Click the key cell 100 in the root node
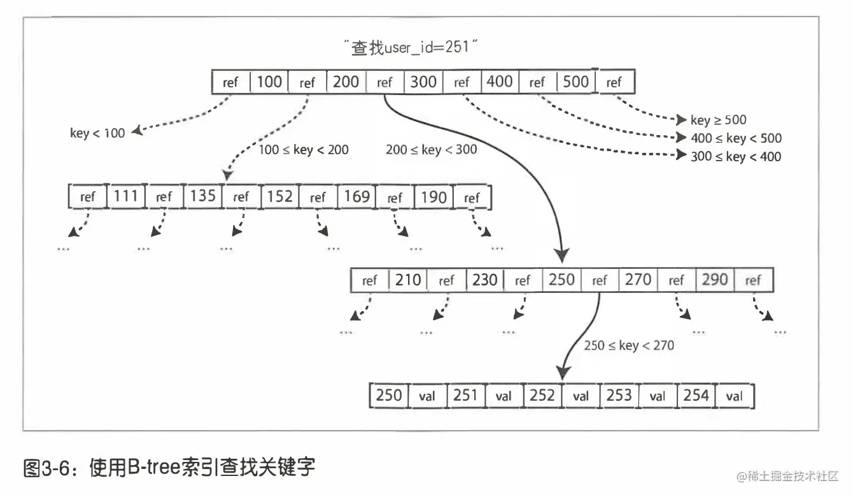point(269,82)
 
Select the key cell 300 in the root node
point(423,82)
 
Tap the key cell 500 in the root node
point(576,82)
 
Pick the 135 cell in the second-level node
point(202,196)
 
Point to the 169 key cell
point(356,196)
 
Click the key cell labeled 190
point(434,196)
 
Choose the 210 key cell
point(408,280)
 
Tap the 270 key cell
point(638,280)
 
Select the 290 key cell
point(715,280)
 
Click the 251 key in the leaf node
point(465,395)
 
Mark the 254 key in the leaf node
point(696,395)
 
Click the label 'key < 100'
point(97,133)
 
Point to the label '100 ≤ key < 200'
point(304,150)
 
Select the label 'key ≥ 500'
point(718,120)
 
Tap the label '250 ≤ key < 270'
point(628,345)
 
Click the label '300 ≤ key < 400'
point(736,157)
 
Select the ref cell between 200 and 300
point(384,82)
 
